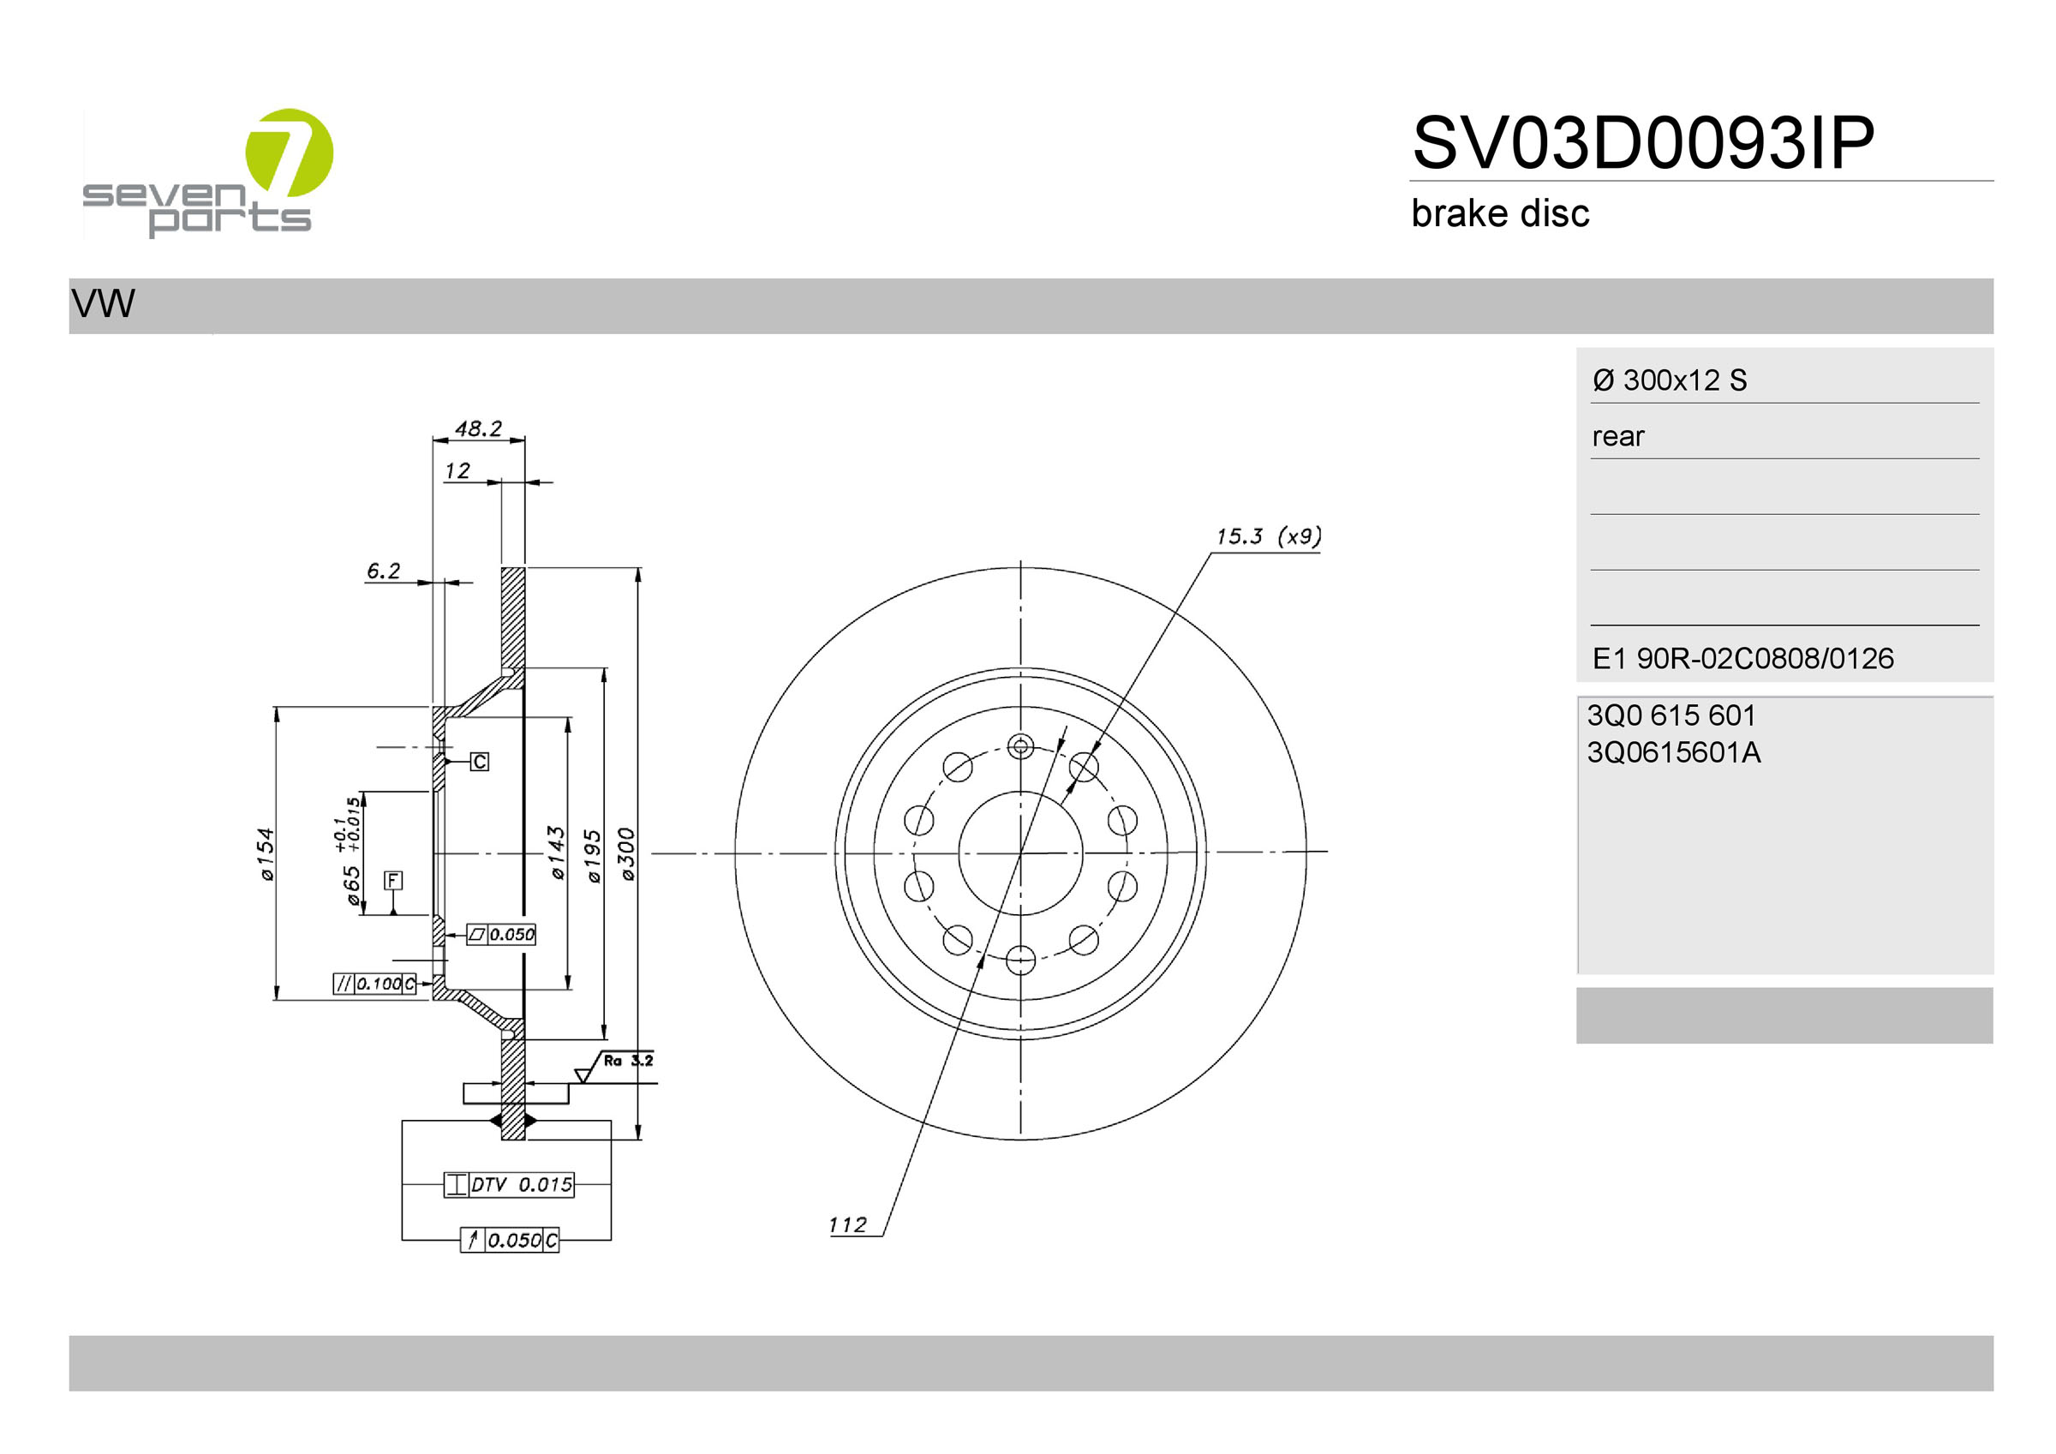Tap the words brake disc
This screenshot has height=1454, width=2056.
pyautogui.click(x=1500, y=213)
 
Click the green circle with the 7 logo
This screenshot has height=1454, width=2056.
pyautogui.click(x=290, y=153)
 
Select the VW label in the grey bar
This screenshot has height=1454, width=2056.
pyautogui.click(x=103, y=303)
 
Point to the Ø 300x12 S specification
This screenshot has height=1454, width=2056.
pyautogui.click(x=1669, y=380)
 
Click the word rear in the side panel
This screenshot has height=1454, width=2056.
pyautogui.click(x=1618, y=436)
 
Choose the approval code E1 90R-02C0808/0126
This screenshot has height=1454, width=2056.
pyautogui.click(x=1742, y=659)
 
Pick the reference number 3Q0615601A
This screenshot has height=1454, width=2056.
pyautogui.click(x=1673, y=752)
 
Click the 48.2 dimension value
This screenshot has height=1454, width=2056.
pyautogui.click(x=478, y=428)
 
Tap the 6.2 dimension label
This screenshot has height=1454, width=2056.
pyautogui.click(x=383, y=571)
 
